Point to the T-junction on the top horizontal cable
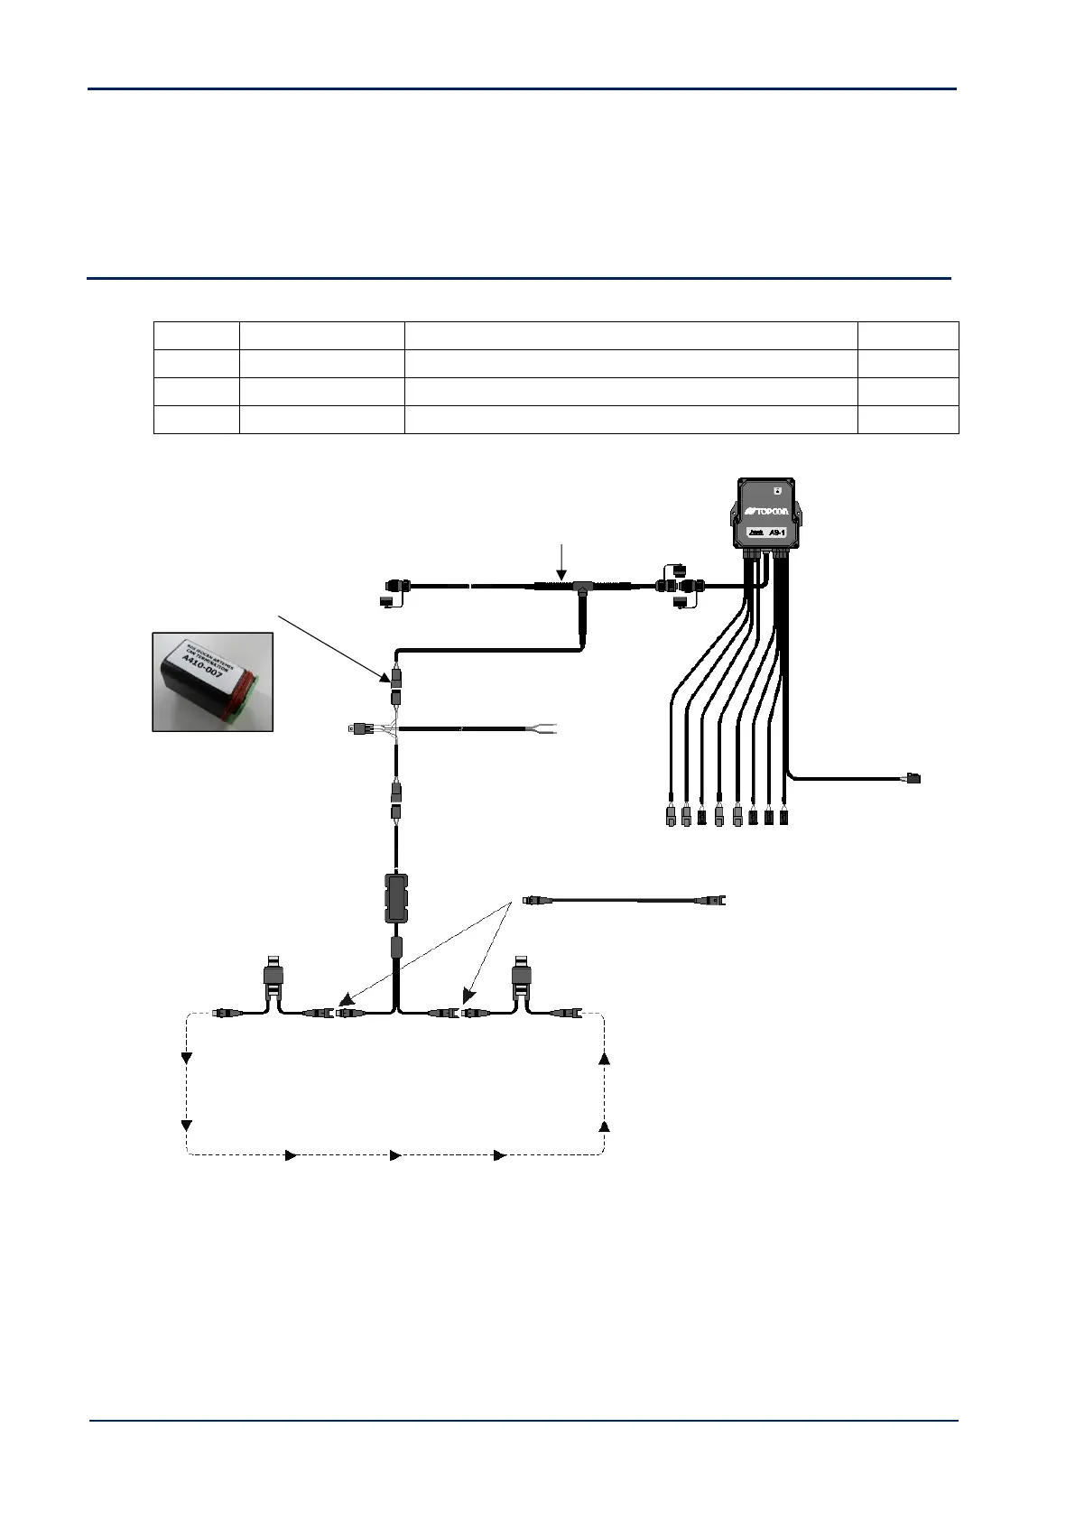click(579, 588)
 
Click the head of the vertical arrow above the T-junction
click(561, 577)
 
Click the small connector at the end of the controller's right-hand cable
click(913, 777)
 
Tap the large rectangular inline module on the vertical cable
click(397, 897)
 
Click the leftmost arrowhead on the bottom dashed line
click(291, 1155)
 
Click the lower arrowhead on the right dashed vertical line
click(605, 1127)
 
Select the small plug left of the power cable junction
click(355, 728)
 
